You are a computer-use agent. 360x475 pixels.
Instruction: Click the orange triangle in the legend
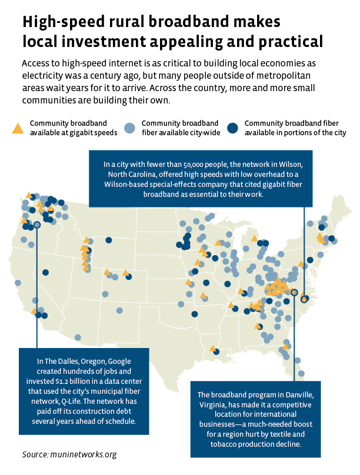tap(18, 128)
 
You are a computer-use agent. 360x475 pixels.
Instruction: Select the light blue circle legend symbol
tap(131, 128)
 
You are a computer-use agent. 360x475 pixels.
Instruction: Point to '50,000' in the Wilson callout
tap(181, 165)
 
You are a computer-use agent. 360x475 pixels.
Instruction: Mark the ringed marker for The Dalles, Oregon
tap(37, 225)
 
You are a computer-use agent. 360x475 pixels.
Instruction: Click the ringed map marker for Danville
tap(294, 292)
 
